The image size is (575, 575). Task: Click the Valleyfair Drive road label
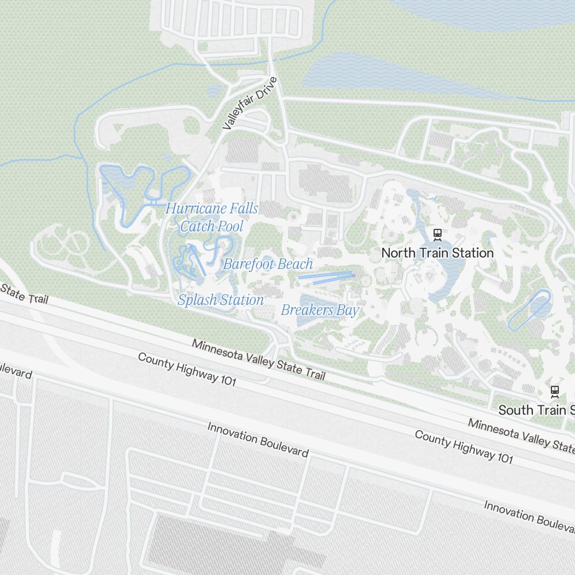coord(250,103)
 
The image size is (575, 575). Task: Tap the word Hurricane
coord(189,209)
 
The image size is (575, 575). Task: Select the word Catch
coord(196,227)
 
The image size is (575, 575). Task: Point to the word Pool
coord(229,227)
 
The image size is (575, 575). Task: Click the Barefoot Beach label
coord(268,264)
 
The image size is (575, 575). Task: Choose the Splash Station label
coord(221,300)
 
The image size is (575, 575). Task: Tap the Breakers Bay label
coord(320,310)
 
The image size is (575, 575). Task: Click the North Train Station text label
coord(438,252)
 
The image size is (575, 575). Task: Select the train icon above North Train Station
coord(438,235)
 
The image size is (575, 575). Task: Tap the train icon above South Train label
coord(554,392)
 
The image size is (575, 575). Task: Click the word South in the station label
coord(515,410)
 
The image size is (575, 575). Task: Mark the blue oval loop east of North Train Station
coord(529,310)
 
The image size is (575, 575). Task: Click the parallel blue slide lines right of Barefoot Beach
coord(325,277)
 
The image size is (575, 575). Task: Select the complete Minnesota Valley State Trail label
coord(259,360)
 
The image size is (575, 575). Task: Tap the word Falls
coord(245,209)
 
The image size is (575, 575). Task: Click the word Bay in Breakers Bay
coord(347,310)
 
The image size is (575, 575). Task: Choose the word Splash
coord(195,300)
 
